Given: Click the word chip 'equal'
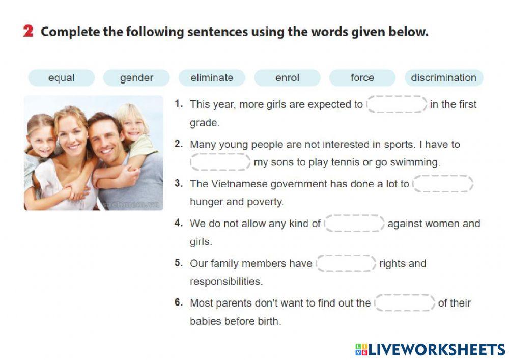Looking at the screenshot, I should pos(61,78).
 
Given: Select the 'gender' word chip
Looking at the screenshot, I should pos(136,78).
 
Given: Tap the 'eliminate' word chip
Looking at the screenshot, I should pos(212,78).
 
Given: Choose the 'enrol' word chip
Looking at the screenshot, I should pos(287,78).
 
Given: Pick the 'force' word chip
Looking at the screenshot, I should pos(362,78).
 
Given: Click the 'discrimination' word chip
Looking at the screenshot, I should pos(443,78).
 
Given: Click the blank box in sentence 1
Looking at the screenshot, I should pos(397,104).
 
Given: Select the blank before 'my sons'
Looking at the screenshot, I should pos(220,162).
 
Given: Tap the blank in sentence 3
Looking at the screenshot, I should pos(443,184).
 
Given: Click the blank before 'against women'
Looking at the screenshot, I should pos(354,224).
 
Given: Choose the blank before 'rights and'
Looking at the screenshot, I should pos(346,263).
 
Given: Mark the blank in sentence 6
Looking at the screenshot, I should pos(405,303).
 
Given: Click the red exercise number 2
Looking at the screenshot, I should pos(29,32).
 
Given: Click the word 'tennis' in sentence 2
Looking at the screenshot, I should pos(353,163).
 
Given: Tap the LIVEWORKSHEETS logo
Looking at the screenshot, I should pos(430,349).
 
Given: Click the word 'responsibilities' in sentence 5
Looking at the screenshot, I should pos(226,282).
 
